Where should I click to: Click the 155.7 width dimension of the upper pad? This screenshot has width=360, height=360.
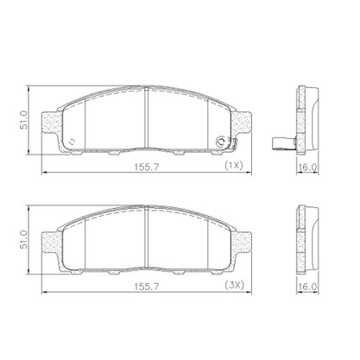[x=147, y=167]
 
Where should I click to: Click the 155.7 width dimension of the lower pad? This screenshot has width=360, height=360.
[x=147, y=287]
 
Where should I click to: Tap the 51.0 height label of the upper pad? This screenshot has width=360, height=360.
[x=23, y=120]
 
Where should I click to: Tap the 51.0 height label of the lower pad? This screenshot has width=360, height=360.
[x=23, y=239]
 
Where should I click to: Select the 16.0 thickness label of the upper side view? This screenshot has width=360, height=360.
[x=307, y=167]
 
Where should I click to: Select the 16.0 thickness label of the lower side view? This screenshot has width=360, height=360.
[x=307, y=287]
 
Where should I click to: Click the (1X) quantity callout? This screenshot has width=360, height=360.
[x=234, y=166]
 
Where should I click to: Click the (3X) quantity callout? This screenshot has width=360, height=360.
[x=234, y=285]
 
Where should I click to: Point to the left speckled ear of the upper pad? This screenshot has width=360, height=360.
[x=52, y=123]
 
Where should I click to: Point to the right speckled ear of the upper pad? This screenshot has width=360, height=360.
[x=242, y=123]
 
